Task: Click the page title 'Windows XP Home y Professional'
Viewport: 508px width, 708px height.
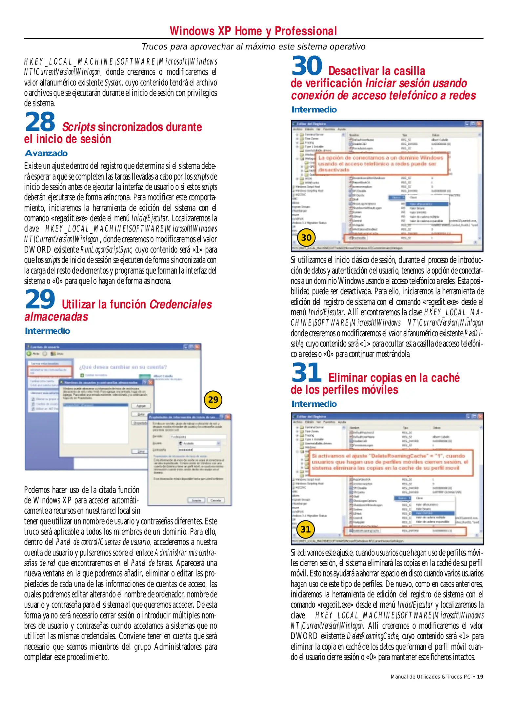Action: (x=253, y=31)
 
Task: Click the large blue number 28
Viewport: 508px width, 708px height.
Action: (x=40, y=122)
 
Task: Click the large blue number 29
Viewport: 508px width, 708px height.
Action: (x=40, y=299)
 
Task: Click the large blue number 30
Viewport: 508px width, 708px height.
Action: (x=307, y=66)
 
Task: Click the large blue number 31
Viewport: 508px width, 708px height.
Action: (x=307, y=373)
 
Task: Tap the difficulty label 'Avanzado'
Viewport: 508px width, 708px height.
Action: (x=46, y=153)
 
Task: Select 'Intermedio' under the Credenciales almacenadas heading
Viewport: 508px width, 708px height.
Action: (x=48, y=331)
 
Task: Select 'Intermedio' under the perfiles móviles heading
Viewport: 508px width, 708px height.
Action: (x=314, y=404)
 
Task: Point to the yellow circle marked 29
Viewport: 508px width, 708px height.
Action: (x=213, y=400)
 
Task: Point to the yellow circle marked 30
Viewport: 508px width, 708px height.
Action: (x=306, y=238)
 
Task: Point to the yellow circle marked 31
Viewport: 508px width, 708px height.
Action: (x=305, y=529)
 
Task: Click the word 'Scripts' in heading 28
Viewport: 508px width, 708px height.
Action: (x=79, y=127)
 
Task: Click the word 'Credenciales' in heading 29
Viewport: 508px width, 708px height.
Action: (x=181, y=304)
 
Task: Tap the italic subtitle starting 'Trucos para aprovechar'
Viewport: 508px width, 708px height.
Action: (x=253, y=47)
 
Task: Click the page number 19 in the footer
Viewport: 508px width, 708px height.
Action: (x=480, y=677)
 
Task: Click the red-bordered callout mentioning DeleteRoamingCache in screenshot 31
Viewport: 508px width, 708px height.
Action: (x=390, y=462)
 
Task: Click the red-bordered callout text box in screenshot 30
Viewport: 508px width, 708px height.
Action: (x=382, y=164)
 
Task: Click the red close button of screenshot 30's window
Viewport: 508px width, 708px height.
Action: (x=479, y=124)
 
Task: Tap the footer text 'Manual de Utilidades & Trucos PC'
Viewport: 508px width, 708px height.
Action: (x=430, y=677)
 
